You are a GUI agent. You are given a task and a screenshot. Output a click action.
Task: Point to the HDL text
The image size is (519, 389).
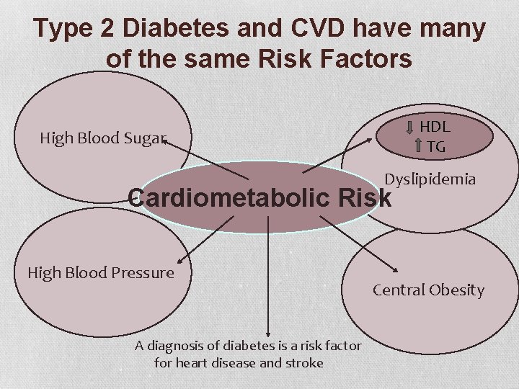click(x=435, y=127)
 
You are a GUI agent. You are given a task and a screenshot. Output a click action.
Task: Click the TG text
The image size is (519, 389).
click(x=435, y=146)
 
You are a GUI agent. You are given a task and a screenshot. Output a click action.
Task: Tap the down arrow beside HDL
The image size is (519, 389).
click(x=410, y=128)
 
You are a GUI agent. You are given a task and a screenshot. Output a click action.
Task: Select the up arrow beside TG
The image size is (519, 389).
click(x=418, y=147)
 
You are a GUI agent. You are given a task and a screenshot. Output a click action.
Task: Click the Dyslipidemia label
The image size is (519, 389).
click(x=430, y=179)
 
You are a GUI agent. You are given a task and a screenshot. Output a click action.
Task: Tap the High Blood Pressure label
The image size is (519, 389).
click(x=101, y=272)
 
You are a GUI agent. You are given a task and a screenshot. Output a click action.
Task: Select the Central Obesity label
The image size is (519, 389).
click(x=428, y=290)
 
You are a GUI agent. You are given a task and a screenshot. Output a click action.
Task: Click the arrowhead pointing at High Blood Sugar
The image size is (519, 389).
click(x=165, y=142)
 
